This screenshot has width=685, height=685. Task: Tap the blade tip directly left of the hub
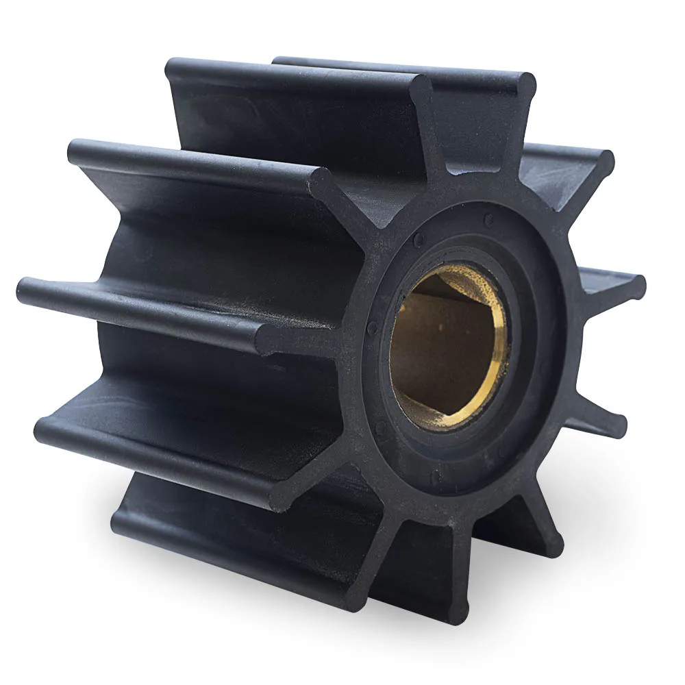point(269,338)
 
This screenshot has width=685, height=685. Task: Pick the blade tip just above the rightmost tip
point(603,164)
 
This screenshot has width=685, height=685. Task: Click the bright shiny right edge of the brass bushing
point(504,342)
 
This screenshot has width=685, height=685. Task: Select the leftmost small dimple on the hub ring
point(372,327)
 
